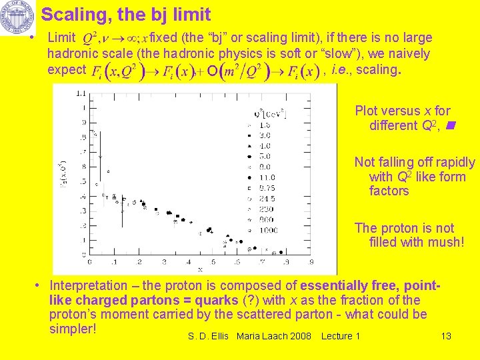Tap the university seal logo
[17, 18]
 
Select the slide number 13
[446, 336]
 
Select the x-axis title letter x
[199, 269]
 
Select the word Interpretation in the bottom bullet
[91, 286]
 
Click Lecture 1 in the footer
[340, 336]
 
